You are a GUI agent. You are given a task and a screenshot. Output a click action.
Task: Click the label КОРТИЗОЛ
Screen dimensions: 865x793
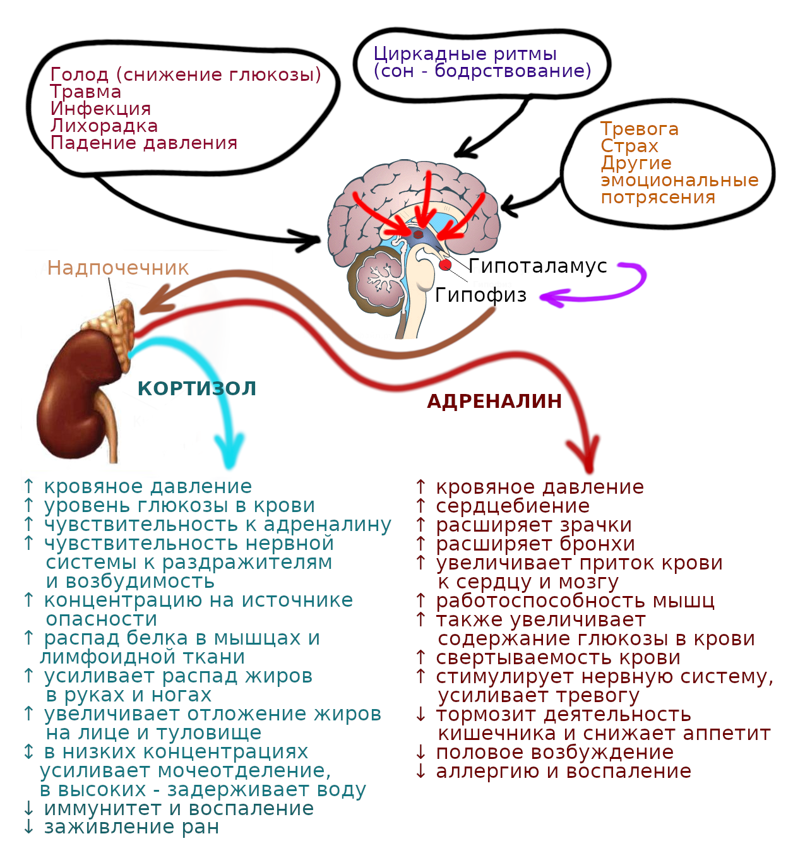[197, 388]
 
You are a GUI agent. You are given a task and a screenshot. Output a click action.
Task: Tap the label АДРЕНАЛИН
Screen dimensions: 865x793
[494, 401]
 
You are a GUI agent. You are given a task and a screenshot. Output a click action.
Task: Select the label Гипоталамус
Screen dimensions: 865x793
[538, 266]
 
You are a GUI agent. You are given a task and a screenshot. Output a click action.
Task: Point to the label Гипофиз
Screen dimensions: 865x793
[480, 295]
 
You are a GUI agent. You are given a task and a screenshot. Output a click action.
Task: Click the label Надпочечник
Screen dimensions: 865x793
[118, 268]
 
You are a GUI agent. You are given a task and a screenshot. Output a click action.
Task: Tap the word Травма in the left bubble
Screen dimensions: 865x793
[86, 92]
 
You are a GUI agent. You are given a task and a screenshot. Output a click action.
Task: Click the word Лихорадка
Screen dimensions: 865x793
[104, 126]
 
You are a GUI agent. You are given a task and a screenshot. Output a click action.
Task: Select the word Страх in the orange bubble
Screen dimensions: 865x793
[629, 146]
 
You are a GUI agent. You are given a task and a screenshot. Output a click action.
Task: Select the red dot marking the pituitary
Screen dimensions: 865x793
[445, 265]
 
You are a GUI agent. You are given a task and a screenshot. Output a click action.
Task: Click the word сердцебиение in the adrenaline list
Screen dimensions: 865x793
[513, 506]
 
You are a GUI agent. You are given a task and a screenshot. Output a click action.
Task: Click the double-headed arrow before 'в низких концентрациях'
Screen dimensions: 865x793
[28, 751]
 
